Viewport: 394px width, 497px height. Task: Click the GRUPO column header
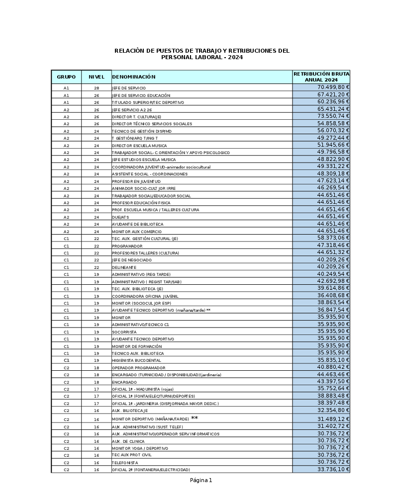(x=66, y=77)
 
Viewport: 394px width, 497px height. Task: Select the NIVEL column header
(x=97, y=77)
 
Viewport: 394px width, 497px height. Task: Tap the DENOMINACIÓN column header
(x=134, y=77)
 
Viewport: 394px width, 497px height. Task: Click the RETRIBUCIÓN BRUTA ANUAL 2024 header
(x=321, y=77)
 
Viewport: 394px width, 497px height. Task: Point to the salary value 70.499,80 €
(x=333, y=87)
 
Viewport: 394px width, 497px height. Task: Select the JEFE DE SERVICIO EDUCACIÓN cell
(x=141, y=95)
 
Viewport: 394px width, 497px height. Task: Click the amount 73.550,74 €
(x=333, y=116)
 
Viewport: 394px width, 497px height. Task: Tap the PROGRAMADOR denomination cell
(x=127, y=246)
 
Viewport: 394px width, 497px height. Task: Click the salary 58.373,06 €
(x=333, y=239)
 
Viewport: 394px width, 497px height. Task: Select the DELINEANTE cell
(x=124, y=267)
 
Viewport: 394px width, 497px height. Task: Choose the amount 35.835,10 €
(x=333, y=360)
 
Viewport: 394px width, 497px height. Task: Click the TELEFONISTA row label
(x=125, y=463)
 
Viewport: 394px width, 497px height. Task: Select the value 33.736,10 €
(x=333, y=469)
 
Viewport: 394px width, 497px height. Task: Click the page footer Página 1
(x=201, y=480)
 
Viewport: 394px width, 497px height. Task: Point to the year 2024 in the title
(x=235, y=58)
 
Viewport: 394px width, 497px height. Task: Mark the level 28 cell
(x=97, y=88)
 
